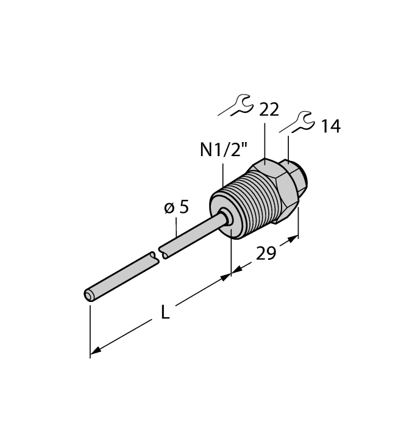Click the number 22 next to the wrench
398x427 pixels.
(x=269, y=110)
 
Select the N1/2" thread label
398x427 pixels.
(x=221, y=150)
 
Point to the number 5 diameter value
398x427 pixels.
(x=183, y=207)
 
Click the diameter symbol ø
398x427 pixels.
(x=169, y=209)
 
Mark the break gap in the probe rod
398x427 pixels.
(x=160, y=254)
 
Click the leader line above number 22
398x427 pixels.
(x=265, y=140)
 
